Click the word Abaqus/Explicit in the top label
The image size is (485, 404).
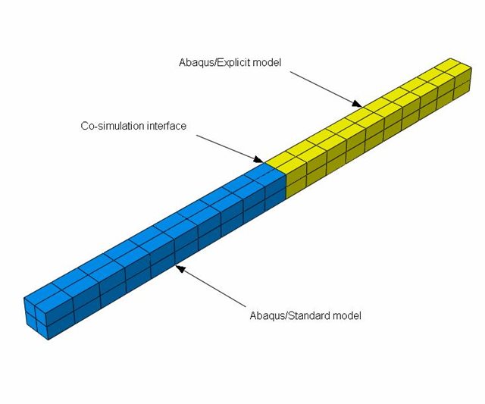214,63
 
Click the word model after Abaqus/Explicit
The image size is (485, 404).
267,62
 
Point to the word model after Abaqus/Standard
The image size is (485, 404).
347,316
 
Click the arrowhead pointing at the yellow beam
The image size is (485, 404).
357,103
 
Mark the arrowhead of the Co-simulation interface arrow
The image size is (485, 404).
258,159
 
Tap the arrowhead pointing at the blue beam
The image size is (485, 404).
180,268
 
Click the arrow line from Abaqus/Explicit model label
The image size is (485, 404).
326,89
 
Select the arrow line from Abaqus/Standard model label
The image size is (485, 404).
211,287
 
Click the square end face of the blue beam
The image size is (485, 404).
36,319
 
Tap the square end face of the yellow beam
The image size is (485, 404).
462,83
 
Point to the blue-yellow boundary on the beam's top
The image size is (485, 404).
275,170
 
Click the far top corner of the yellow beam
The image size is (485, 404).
450,58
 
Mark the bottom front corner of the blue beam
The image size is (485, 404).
48,340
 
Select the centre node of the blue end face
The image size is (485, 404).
36,319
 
